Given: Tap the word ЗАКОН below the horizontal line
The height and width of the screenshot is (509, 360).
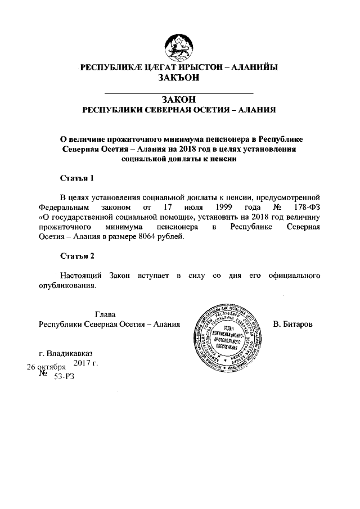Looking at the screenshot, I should point(179,100).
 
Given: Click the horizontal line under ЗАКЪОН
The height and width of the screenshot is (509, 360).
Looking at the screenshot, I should point(179,91).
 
